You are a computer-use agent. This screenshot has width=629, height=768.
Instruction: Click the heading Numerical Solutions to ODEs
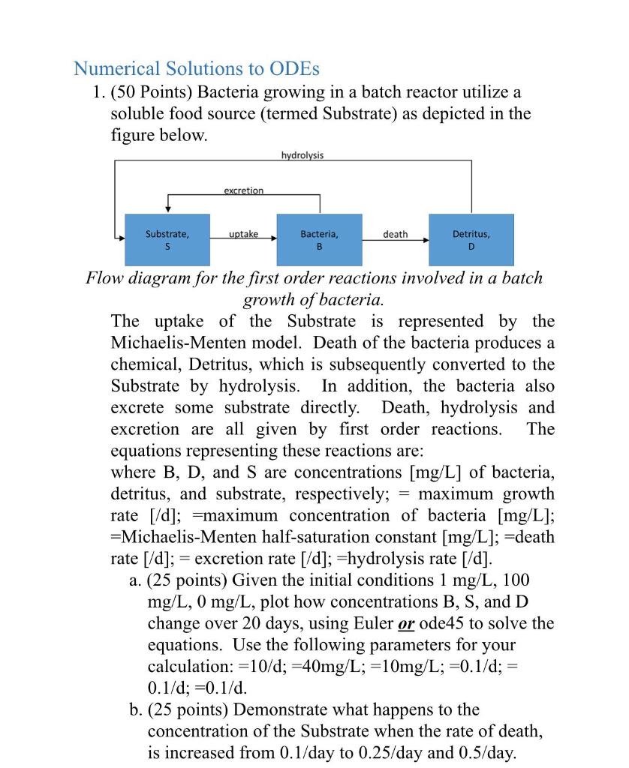(x=196, y=68)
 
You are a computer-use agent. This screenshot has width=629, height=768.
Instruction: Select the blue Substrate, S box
(x=167, y=239)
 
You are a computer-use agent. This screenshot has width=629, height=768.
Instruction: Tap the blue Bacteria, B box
(x=319, y=239)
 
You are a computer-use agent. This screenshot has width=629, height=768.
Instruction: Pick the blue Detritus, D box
(x=471, y=239)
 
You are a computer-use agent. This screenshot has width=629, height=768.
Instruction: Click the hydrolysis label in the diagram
(x=302, y=155)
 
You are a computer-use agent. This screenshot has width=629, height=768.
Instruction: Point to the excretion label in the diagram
(x=243, y=190)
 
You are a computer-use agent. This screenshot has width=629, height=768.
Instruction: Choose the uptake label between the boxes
(x=243, y=235)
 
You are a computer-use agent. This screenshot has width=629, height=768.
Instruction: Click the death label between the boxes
(x=395, y=235)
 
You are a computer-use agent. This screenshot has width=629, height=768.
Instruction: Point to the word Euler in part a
(x=372, y=623)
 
